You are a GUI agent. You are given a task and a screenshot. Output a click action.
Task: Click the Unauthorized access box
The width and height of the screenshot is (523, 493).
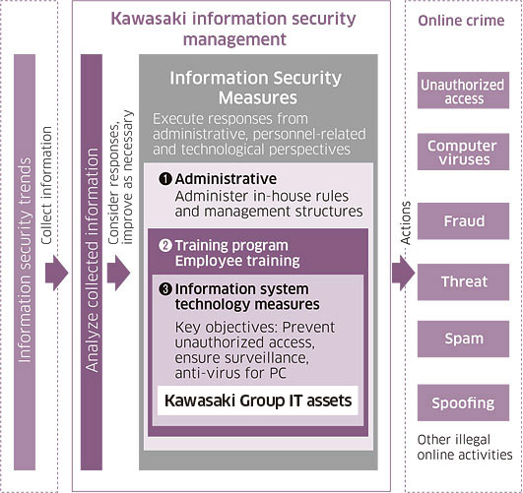pos(463,90)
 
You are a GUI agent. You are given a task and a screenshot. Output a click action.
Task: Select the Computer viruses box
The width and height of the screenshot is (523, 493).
pos(463,152)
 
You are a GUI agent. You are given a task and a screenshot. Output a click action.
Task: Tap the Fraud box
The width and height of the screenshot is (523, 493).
pos(463,221)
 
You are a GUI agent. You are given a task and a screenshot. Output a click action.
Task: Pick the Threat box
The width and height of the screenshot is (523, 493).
pos(463,282)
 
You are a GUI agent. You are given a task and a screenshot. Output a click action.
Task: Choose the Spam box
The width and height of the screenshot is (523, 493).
pos(463,339)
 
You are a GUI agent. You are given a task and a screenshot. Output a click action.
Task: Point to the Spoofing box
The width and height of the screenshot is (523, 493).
pos(463,402)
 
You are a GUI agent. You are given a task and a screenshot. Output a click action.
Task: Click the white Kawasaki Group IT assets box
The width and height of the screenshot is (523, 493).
pos(258,401)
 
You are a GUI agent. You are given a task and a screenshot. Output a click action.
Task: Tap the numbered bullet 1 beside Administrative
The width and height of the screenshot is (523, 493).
pos(165,179)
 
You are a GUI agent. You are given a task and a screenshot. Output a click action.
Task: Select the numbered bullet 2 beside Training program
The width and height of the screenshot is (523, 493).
pos(165,246)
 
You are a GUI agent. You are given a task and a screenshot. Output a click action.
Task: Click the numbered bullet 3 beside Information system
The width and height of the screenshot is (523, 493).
pos(165,289)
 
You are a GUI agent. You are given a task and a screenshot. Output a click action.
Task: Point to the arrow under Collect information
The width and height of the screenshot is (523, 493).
pos(57,274)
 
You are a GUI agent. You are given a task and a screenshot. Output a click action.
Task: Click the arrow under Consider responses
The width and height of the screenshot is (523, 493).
pos(118,274)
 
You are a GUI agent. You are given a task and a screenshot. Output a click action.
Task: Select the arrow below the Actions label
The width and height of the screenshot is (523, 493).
pos(404,274)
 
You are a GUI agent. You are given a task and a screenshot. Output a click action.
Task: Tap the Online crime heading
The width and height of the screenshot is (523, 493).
pos(461,21)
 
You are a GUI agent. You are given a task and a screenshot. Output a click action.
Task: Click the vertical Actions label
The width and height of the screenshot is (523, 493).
pos(405,223)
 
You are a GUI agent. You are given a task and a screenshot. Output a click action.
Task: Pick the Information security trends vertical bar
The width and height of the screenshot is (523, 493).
pos(25,263)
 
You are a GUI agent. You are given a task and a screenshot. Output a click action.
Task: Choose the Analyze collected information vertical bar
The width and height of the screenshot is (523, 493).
pos(92,263)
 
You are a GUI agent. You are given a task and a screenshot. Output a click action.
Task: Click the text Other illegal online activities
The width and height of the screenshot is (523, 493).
pos(465,448)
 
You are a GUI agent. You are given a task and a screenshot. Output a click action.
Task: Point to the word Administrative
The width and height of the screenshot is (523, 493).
pos(226,179)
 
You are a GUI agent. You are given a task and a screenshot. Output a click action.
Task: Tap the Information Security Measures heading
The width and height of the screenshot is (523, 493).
pos(256,88)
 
